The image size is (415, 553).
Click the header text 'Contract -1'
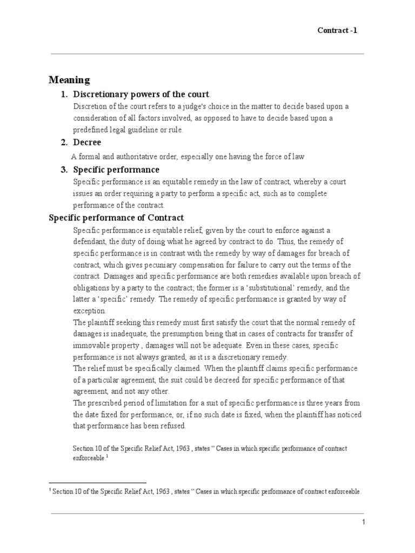(x=337, y=30)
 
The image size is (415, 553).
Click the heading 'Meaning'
(x=69, y=80)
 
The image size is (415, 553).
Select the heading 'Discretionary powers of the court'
(x=141, y=95)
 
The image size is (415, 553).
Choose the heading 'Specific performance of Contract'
(x=116, y=218)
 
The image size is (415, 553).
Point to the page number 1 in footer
(x=364, y=522)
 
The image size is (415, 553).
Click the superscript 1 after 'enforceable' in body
(x=108, y=456)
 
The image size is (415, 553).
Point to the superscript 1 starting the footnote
(x=50, y=491)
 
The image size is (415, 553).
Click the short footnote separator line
(x=97, y=483)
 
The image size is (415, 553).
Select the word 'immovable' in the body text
(x=91, y=346)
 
